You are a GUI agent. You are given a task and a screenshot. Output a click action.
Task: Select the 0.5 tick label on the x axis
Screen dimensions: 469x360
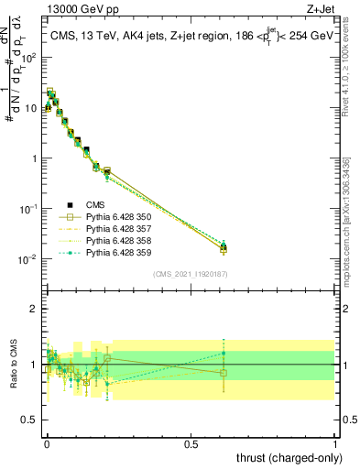191,442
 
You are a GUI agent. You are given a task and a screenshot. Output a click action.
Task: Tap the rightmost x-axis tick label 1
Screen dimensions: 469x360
335,442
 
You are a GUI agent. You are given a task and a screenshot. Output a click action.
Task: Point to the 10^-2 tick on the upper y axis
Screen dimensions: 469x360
27,259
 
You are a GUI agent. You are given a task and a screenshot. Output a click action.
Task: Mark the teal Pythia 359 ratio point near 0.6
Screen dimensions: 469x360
224,353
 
